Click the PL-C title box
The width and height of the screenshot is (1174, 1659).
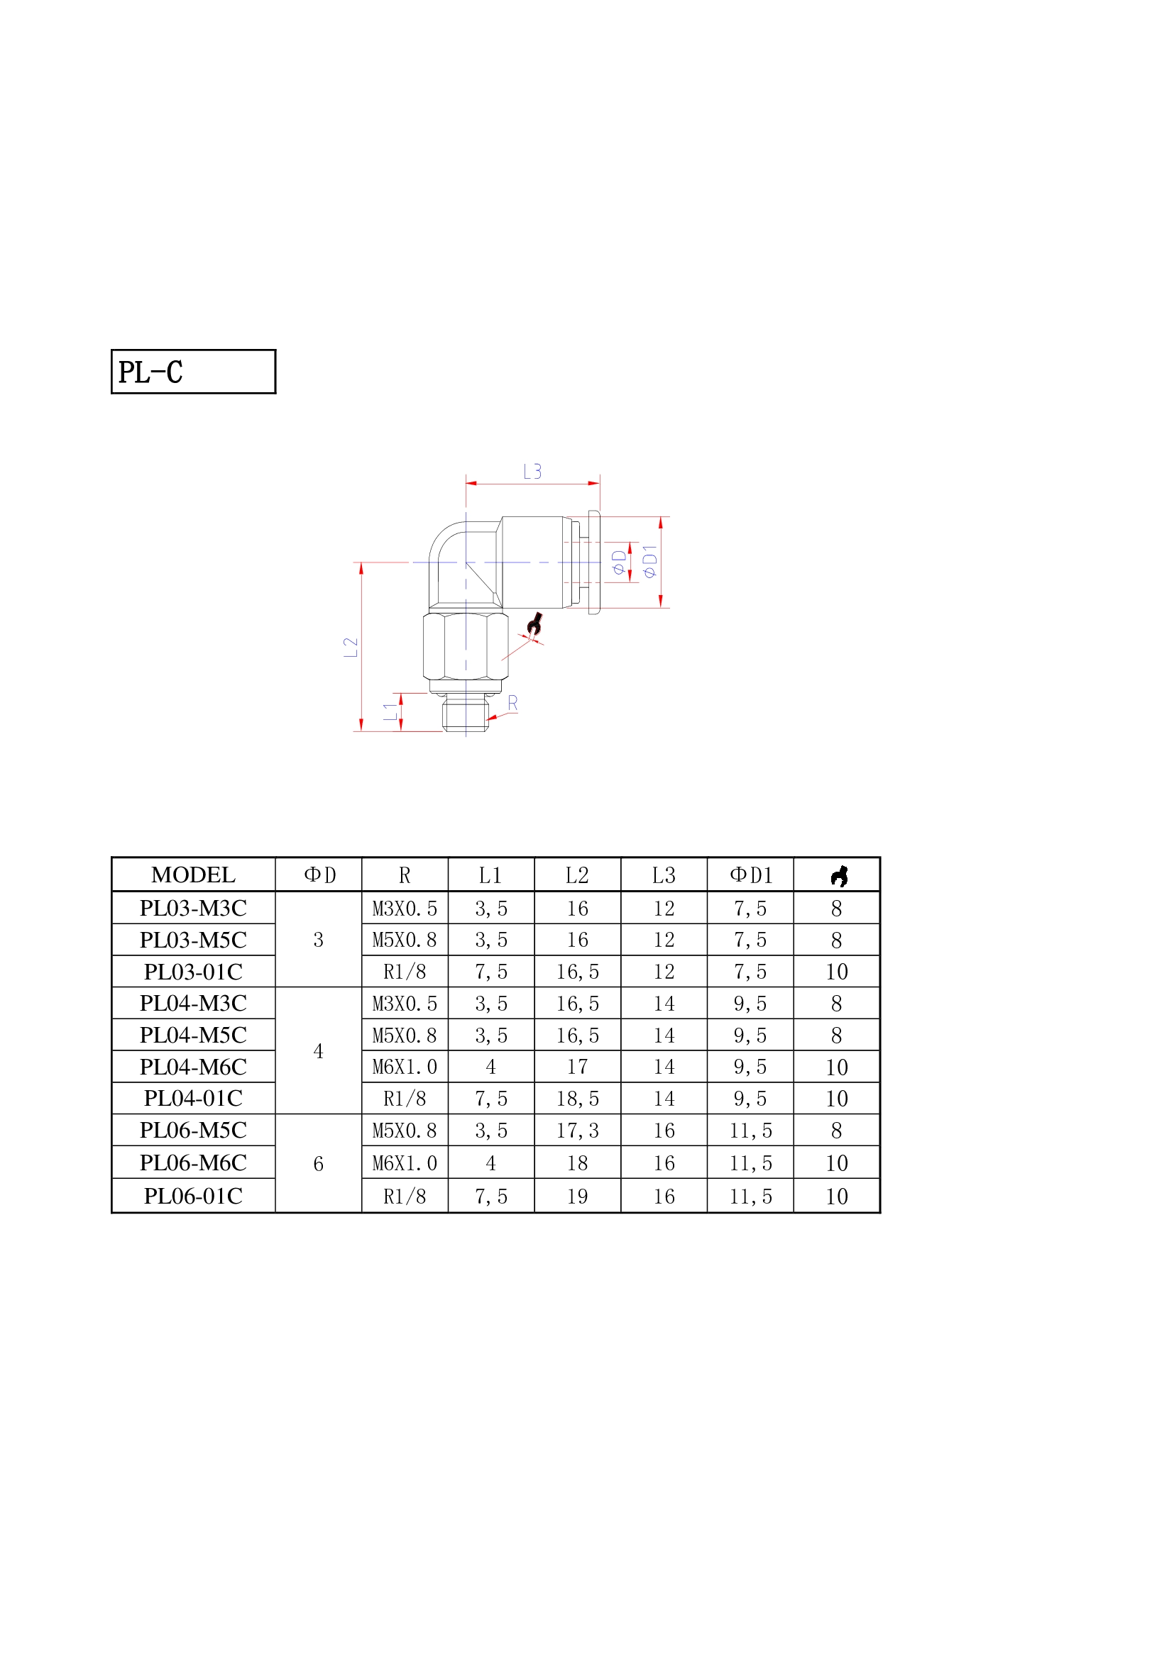click(x=193, y=372)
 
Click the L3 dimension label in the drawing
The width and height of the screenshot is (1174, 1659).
click(x=532, y=472)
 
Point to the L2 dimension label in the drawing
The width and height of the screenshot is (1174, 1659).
click(x=351, y=647)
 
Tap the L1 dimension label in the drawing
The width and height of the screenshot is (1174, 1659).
click(x=390, y=711)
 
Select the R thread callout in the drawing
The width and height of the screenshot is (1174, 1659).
click(x=512, y=702)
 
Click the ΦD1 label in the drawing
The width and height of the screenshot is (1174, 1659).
click(x=650, y=562)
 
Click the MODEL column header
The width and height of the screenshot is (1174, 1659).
click(x=193, y=875)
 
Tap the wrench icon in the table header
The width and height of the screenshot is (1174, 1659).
click(x=838, y=876)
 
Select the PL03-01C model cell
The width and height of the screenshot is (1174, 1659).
click(x=193, y=971)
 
